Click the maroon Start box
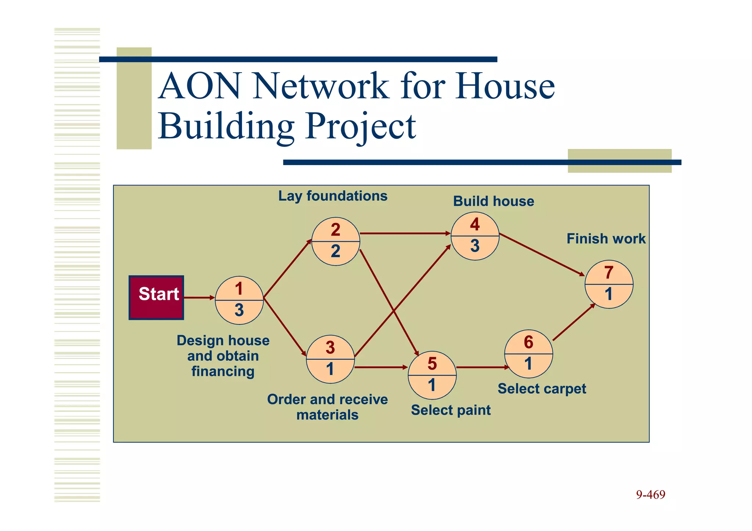[156, 298]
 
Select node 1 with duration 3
[239, 300]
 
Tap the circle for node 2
[336, 241]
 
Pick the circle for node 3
[330, 359]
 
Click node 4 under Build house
[475, 236]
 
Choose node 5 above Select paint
[432, 375]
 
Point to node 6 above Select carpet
[528, 354]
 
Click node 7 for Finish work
[609, 284]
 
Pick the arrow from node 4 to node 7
[542, 254]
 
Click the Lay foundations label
[333, 196]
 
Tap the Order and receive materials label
[327, 407]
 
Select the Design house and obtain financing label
[223, 356]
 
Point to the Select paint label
[451, 410]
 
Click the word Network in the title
[320, 86]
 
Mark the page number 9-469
[650, 495]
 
